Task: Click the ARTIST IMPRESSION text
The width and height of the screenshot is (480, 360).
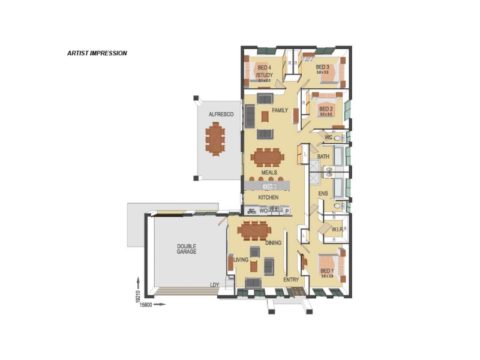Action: click(97, 53)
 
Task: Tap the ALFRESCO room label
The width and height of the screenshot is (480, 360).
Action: click(220, 114)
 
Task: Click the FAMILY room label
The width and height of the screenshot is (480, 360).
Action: click(280, 110)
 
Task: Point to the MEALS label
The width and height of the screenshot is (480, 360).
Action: click(269, 173)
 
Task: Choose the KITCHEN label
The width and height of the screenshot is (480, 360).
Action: click(268, 197)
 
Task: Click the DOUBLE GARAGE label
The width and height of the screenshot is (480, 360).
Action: click(186, 249)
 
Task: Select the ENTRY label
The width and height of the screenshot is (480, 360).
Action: click(291, 280)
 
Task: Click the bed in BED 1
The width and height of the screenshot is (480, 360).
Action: click(329, 265)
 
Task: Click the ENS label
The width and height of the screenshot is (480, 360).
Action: click(323, 194)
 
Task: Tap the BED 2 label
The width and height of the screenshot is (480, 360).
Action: click(326, 109)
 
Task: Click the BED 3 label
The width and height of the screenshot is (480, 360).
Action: click(323, 67)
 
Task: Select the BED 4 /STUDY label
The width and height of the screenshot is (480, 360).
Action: click(265, 71)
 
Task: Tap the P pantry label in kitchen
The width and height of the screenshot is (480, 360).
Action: click(286, 211)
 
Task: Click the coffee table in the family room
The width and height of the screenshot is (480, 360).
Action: click(265, 115)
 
